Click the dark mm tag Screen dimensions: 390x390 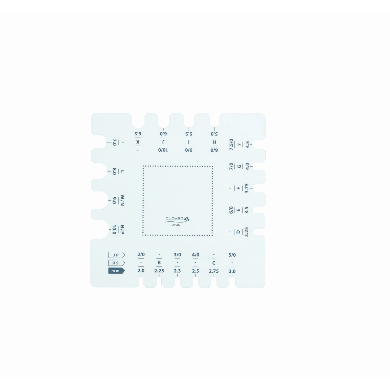[116, 271]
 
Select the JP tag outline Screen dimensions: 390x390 [116, 255]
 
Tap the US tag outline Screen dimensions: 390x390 [116, 263]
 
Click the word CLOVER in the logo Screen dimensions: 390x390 [174, 219]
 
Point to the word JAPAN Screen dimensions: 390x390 [175, 225]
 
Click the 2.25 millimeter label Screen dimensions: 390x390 [159, 271]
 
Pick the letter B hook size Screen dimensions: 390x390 [159, 263]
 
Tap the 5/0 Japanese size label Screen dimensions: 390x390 [232, 255]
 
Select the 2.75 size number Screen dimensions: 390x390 [214, 271]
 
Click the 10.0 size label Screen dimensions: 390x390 [114, 230]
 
